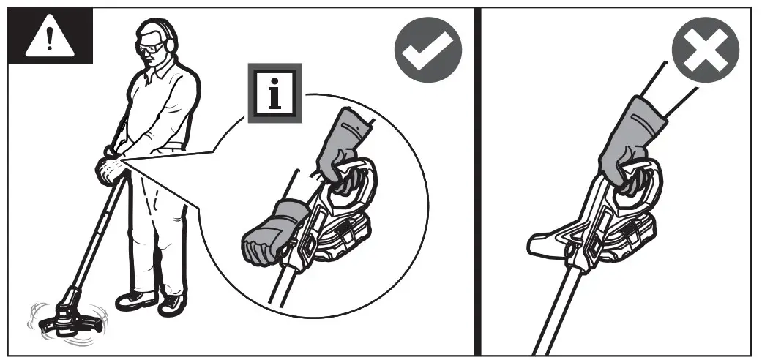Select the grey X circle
pos(705,50)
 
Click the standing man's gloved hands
pos(110,169)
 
